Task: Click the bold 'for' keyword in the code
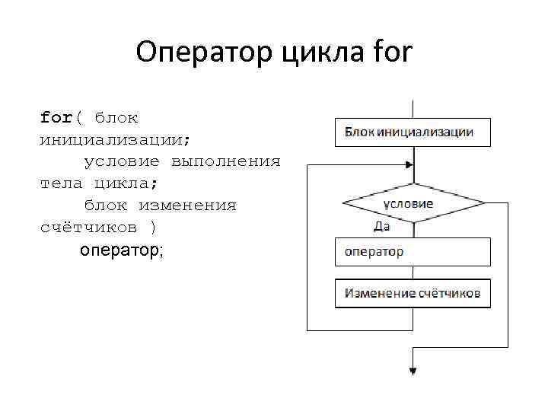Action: pos(56,118)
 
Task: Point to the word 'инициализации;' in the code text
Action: pos(115,140)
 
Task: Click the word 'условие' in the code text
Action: pos(122,162)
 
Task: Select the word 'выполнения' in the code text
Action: pos(226,162)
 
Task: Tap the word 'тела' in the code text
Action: pos(62,183)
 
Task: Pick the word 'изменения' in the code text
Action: pos(187,205)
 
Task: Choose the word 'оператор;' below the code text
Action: pos(121,250)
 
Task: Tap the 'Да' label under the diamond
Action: pos(382,226)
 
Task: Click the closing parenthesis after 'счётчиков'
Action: pos(154,228)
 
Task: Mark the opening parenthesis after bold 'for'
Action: pos(78,118)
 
